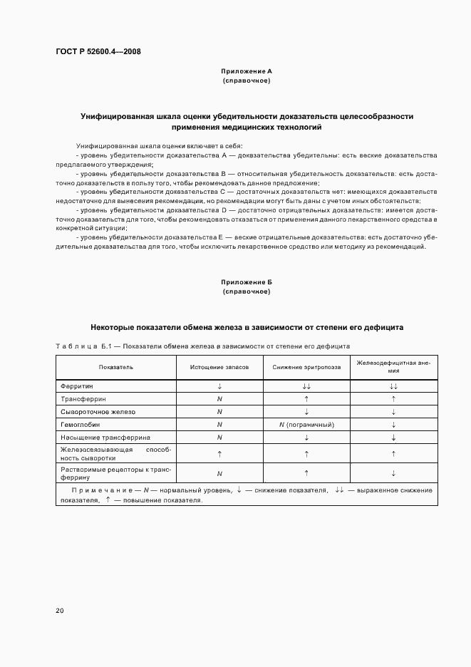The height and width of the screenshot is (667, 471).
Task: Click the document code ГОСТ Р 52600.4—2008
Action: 98,52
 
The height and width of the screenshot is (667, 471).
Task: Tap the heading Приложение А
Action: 246,71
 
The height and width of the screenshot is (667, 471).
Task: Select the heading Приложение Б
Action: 246,282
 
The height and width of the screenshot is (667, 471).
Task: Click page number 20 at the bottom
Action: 60,610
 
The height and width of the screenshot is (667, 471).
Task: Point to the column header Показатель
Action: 116,367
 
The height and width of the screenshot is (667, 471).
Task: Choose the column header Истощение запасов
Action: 219,367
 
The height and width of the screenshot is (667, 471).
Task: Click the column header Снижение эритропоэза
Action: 306,367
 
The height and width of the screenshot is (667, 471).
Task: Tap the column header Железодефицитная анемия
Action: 393,366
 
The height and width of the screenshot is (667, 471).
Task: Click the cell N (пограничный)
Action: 306,425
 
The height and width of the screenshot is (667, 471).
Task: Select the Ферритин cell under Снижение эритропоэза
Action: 306,386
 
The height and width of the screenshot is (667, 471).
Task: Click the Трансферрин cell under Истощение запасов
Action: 219,399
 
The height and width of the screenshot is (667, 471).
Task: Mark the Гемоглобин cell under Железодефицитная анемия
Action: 393,425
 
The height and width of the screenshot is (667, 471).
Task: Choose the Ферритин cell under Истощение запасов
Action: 219,386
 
